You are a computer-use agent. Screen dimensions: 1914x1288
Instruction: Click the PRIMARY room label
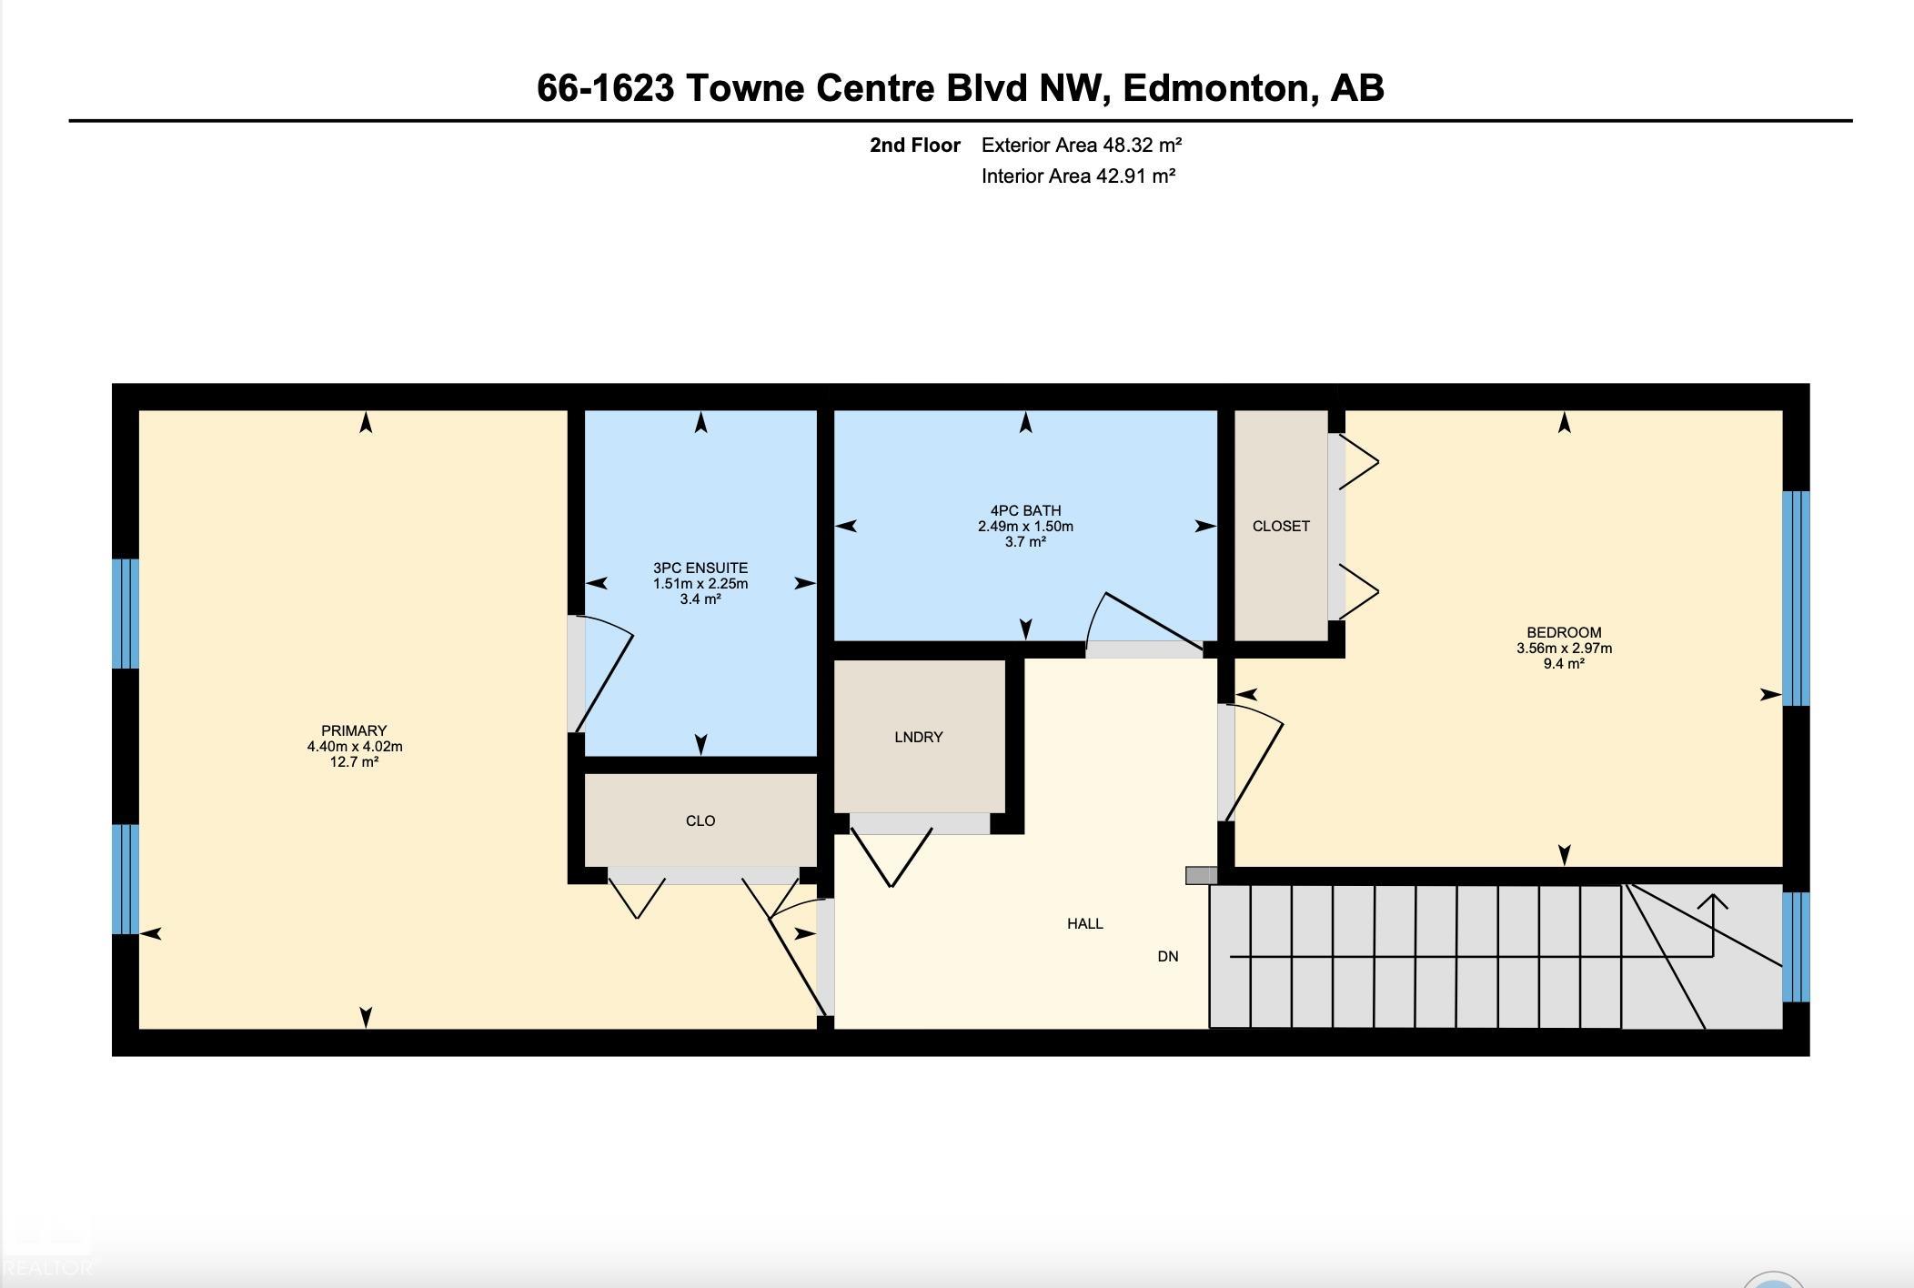point(354,730)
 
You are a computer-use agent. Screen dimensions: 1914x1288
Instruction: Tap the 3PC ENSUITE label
point(700,569)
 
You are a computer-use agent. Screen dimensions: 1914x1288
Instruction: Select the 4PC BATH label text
point(1025,511)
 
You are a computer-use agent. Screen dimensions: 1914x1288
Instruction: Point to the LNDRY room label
point(919,738)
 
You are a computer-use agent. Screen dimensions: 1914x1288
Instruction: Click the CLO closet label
point(700,821)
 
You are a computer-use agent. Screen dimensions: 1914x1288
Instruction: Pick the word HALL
point(1085,924)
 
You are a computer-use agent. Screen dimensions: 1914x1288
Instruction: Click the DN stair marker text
point(1168,957)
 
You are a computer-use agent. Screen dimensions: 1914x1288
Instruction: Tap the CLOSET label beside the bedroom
point(1281,527)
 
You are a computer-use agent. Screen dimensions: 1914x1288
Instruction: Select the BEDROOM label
point(1564,633)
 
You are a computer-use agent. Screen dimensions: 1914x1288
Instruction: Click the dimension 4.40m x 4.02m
point(355,747)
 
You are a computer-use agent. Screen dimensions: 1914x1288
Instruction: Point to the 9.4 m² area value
point(1564,664)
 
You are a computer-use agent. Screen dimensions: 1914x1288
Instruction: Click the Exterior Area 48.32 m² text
point(1082,145)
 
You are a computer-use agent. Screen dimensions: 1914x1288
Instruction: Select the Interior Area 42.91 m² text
point(1079,176)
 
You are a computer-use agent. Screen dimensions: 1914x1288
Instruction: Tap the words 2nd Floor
point(915,145)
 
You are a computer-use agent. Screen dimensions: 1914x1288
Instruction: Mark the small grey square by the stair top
point(1201,875)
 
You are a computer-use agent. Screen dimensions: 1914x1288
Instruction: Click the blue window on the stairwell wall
point(1796,947)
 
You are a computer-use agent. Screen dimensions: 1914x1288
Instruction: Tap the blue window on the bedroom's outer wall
point(1796,599)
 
